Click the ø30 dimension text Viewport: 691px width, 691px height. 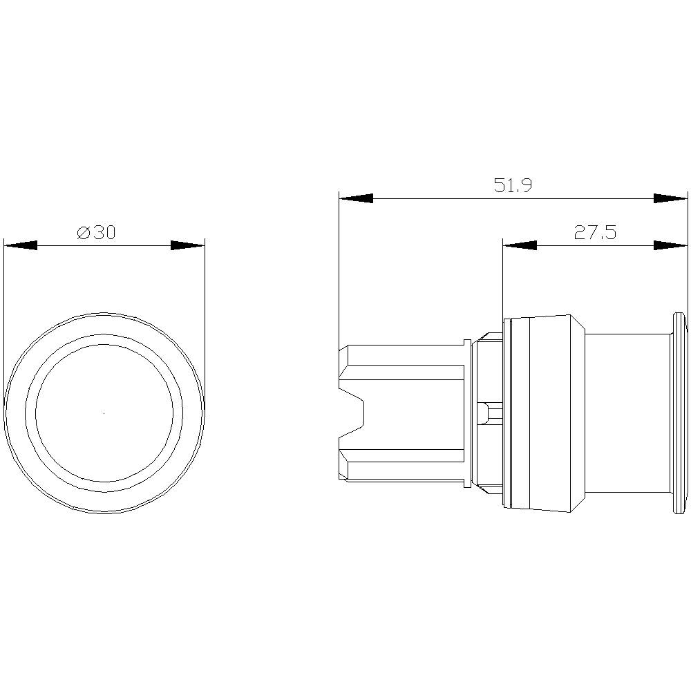96,233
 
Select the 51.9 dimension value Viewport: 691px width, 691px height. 512,186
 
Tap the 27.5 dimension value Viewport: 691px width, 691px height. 594,233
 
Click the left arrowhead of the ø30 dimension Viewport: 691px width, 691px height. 20,245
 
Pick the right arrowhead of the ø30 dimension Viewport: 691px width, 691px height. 188,245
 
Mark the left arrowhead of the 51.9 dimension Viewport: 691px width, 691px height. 355,198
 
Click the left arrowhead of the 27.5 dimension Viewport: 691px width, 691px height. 520,245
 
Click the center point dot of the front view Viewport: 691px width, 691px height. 104,413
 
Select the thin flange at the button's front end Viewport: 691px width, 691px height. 679,413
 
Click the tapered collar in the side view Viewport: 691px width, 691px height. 546,413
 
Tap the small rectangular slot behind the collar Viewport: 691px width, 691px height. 491,413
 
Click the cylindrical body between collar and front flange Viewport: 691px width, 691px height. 625,413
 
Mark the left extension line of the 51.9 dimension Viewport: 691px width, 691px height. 339,276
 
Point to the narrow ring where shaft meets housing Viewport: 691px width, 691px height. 467,413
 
